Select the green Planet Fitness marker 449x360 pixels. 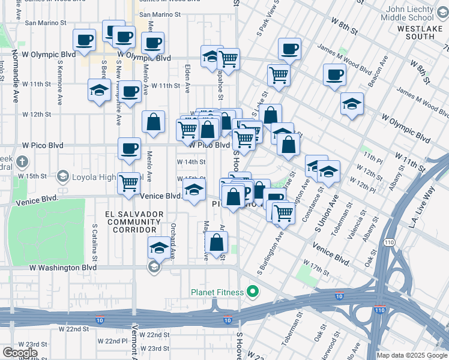click(253, 292)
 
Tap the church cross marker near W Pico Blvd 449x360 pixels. click(22, 161)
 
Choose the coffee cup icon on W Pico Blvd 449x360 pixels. click(129, 148)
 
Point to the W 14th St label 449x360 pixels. click(191, 162)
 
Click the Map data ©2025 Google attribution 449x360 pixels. click(412, 355)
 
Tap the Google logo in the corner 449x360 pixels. click(20, 353)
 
